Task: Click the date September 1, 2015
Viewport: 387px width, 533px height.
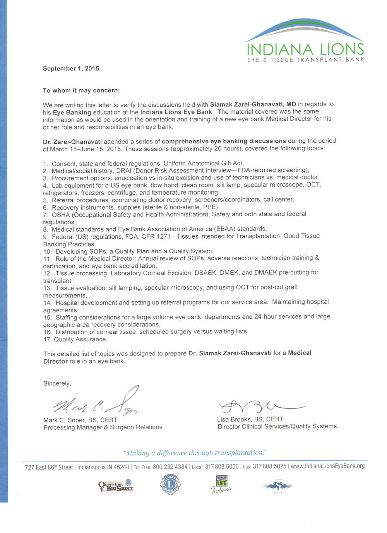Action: pos(72,68)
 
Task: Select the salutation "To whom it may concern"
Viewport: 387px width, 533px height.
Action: pos(81,91)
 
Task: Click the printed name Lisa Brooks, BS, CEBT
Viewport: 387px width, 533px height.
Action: pos(250,419)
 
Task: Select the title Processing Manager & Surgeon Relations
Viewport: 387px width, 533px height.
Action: pos(103,427)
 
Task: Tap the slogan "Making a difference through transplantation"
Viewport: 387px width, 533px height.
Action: pos(195,453)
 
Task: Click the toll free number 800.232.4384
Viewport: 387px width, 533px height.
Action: pos(170,467)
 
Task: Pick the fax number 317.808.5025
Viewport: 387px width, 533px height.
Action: pos(269,466)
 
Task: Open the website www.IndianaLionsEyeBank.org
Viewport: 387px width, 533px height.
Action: pos(327,466)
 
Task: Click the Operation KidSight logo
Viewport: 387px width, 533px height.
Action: pos(116,486)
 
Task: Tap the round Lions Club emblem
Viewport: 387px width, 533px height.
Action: pos(170,484)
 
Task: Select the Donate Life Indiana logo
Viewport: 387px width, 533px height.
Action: pos(222,485)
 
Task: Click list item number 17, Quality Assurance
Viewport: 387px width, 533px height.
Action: pos(75,339)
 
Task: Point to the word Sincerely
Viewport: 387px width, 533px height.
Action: pos(57,384)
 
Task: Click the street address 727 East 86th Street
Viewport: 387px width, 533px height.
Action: pos(49,467)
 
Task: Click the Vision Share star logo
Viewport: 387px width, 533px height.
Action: pos(278,486)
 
